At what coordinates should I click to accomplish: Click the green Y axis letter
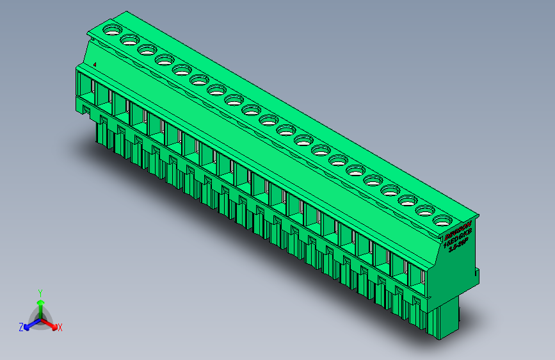[40, 291]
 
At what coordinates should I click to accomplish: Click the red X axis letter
[60, 327]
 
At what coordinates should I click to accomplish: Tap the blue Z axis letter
[20, 327]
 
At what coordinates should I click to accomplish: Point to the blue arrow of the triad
[29, 324]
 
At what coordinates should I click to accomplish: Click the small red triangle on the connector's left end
[95, 63]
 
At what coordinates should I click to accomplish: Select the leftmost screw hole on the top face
[111, 29]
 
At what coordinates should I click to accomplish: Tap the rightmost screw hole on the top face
[441, 220]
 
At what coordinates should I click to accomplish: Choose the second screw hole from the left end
[129, 40]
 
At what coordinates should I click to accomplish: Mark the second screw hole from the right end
[424, 210]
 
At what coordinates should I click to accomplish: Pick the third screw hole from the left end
[147, 50]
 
